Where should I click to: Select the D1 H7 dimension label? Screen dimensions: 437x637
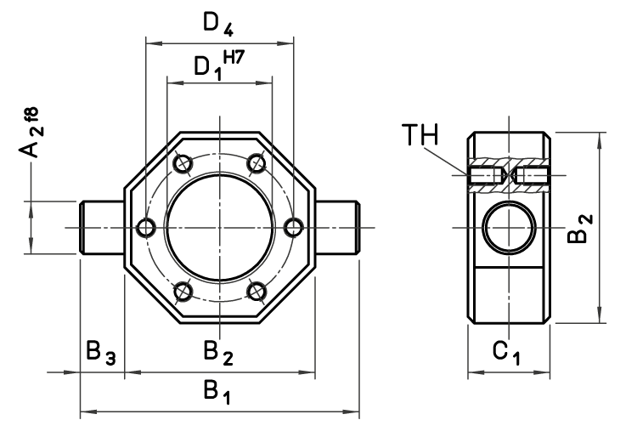pyautogui.click(x=213, y=66)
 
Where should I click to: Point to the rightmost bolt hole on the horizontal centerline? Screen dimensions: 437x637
pyautogui.click(x=293, y=227)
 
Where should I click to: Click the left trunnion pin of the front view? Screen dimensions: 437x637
pyautogui.click(x=102, y=227)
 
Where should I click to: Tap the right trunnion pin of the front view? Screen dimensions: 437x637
pyautogui.click(x=336, y=227)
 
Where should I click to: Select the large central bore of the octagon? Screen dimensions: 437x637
pyautogui.click(x=219, y=227)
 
